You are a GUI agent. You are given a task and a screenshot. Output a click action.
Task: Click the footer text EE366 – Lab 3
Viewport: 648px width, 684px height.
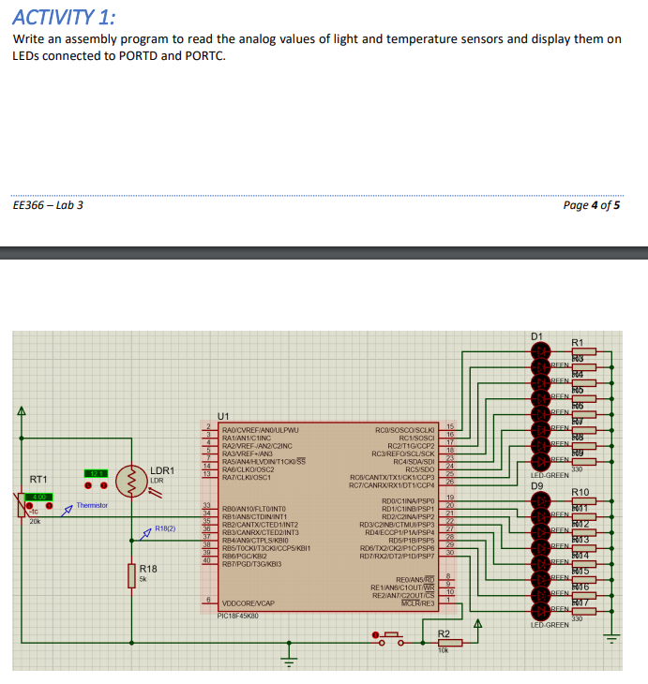point(48,204)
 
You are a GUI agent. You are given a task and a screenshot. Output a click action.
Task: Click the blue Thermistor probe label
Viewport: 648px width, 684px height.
point(92,505)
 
